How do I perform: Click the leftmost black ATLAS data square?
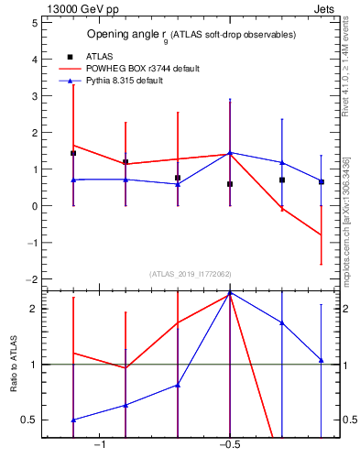[73, 153]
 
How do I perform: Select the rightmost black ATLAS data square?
[321, 182]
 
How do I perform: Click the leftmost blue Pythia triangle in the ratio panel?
[73, 420]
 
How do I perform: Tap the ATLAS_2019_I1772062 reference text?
[191, 274]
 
